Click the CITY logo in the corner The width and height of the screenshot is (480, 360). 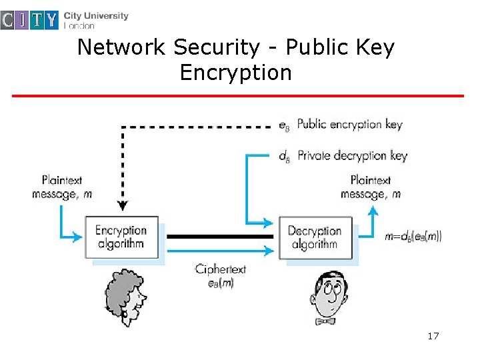[x=30, y=21]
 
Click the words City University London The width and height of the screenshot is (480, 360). [x=96, y=20]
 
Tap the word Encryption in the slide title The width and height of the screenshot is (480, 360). [x=235, y=72]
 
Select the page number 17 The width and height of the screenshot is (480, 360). [x=433, y=336]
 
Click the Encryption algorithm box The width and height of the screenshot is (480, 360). [x=121, y=237]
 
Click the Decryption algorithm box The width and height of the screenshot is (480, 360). [x=315, y=237]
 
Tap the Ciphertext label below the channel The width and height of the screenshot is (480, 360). [x=221, y=275]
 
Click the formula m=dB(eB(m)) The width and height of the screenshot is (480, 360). [x=413, y=236]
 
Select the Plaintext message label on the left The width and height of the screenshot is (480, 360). [x=63, y=187]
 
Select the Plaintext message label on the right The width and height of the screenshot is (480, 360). [x=371, y=187]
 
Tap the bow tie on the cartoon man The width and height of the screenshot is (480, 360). [x=325, y=321]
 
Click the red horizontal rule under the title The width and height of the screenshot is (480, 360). [x=238, y=96]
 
